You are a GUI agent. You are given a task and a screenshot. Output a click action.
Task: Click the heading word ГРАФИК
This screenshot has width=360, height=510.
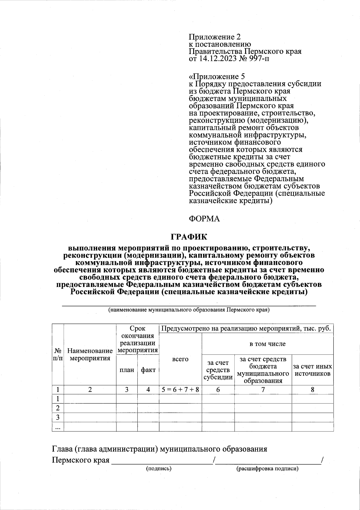click(189, 237)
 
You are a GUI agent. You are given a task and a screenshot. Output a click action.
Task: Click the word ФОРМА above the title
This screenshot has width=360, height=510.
click(204, 219)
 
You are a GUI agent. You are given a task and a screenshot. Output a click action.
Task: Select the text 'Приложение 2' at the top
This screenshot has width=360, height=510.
click(214, 37)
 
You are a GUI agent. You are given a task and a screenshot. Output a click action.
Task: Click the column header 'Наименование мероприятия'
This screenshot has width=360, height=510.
click(90, 354)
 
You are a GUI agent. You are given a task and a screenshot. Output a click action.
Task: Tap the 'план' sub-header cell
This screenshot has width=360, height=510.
click(127, 370)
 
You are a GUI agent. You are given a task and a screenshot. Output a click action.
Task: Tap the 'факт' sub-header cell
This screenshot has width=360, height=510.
click(148, 370)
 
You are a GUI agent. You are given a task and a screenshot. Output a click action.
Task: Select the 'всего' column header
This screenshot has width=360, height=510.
click(180, 359)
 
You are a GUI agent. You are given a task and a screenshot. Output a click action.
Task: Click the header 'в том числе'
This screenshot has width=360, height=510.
click(268, 344)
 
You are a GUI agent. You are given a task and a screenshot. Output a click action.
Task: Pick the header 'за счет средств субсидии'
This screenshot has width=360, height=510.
click(218, 370)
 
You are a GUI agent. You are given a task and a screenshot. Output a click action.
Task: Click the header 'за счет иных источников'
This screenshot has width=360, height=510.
click(312, 370)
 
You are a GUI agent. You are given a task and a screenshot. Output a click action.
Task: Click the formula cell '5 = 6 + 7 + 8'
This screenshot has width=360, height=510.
click(180, 390)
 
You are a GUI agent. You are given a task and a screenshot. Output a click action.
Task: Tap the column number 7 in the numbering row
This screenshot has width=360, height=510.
click(263, 390)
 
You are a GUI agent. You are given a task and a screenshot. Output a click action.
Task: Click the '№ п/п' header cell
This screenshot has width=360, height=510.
click(58, 354)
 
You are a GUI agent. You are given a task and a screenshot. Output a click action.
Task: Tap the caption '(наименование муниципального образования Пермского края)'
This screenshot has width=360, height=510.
click(189, 310)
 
